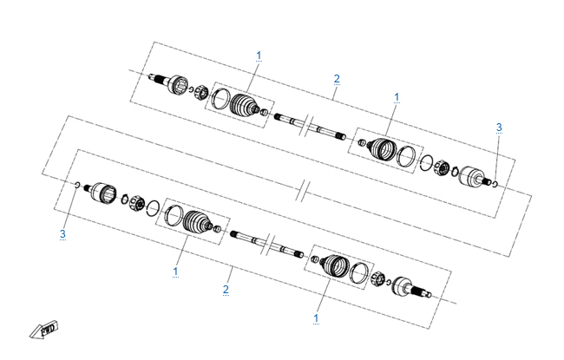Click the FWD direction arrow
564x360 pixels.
(44, 330)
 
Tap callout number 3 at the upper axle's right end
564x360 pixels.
(499, 128)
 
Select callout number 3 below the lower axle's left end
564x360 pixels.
(62, 234)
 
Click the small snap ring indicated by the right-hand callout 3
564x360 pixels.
(495, 185)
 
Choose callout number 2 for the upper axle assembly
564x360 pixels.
(337, 79)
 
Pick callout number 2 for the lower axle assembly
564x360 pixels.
(226, 290)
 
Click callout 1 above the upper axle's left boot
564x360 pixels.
(259, 56)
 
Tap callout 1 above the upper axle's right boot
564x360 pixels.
(397, 97)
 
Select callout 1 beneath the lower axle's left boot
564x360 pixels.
(175, 272)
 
